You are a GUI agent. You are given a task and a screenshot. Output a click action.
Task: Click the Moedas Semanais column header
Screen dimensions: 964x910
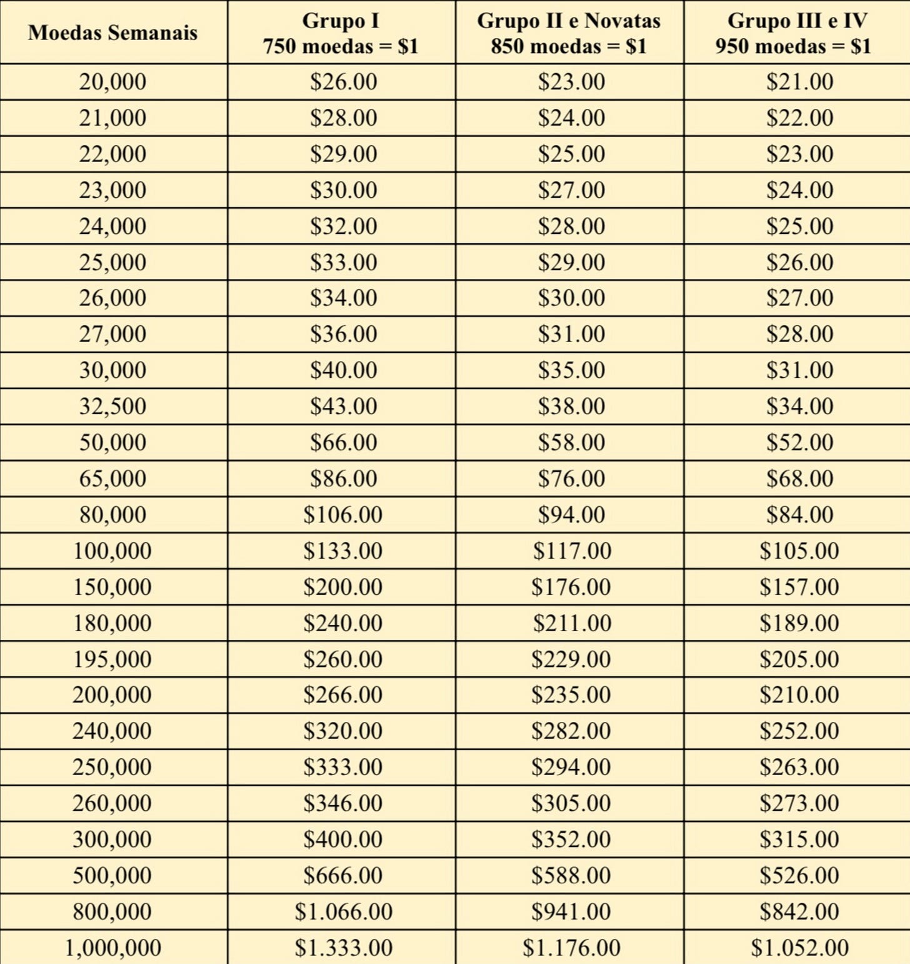[112, 33]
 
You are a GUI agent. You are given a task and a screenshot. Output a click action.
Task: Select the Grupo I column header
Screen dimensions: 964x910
[341, 33]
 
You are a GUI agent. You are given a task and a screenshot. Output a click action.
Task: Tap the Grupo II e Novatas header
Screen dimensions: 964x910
[569, 33]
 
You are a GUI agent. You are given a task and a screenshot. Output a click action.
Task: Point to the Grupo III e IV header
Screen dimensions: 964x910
[797, 33]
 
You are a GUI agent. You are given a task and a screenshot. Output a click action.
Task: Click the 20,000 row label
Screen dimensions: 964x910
[112, 82]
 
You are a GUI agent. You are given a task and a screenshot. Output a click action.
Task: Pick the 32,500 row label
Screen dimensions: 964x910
[112, 407]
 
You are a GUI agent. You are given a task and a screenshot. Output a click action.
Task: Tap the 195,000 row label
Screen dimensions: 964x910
[112, 659]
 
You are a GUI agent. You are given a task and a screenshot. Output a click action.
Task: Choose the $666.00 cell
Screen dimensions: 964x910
[343, 875]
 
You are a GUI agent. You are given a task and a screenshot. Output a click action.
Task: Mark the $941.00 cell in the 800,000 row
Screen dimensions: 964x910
[571, 911]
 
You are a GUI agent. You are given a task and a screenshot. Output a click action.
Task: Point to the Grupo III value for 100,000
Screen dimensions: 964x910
[799, 551]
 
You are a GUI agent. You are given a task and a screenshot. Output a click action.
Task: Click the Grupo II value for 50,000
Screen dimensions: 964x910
[571, 443]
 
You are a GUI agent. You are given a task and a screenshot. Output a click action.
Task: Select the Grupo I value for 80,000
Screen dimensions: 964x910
[343, 515]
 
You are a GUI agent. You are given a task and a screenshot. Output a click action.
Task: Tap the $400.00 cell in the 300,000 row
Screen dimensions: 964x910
[343, 840]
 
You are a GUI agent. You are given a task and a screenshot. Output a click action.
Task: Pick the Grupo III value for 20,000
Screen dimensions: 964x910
[800, 82]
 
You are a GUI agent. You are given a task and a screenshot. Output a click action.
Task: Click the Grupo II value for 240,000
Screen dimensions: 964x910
[571, 731]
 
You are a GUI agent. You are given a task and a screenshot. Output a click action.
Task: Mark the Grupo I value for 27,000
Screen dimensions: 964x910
[343, 334]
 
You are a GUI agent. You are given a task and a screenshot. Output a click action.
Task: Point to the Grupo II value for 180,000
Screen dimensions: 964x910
[571, 623]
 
